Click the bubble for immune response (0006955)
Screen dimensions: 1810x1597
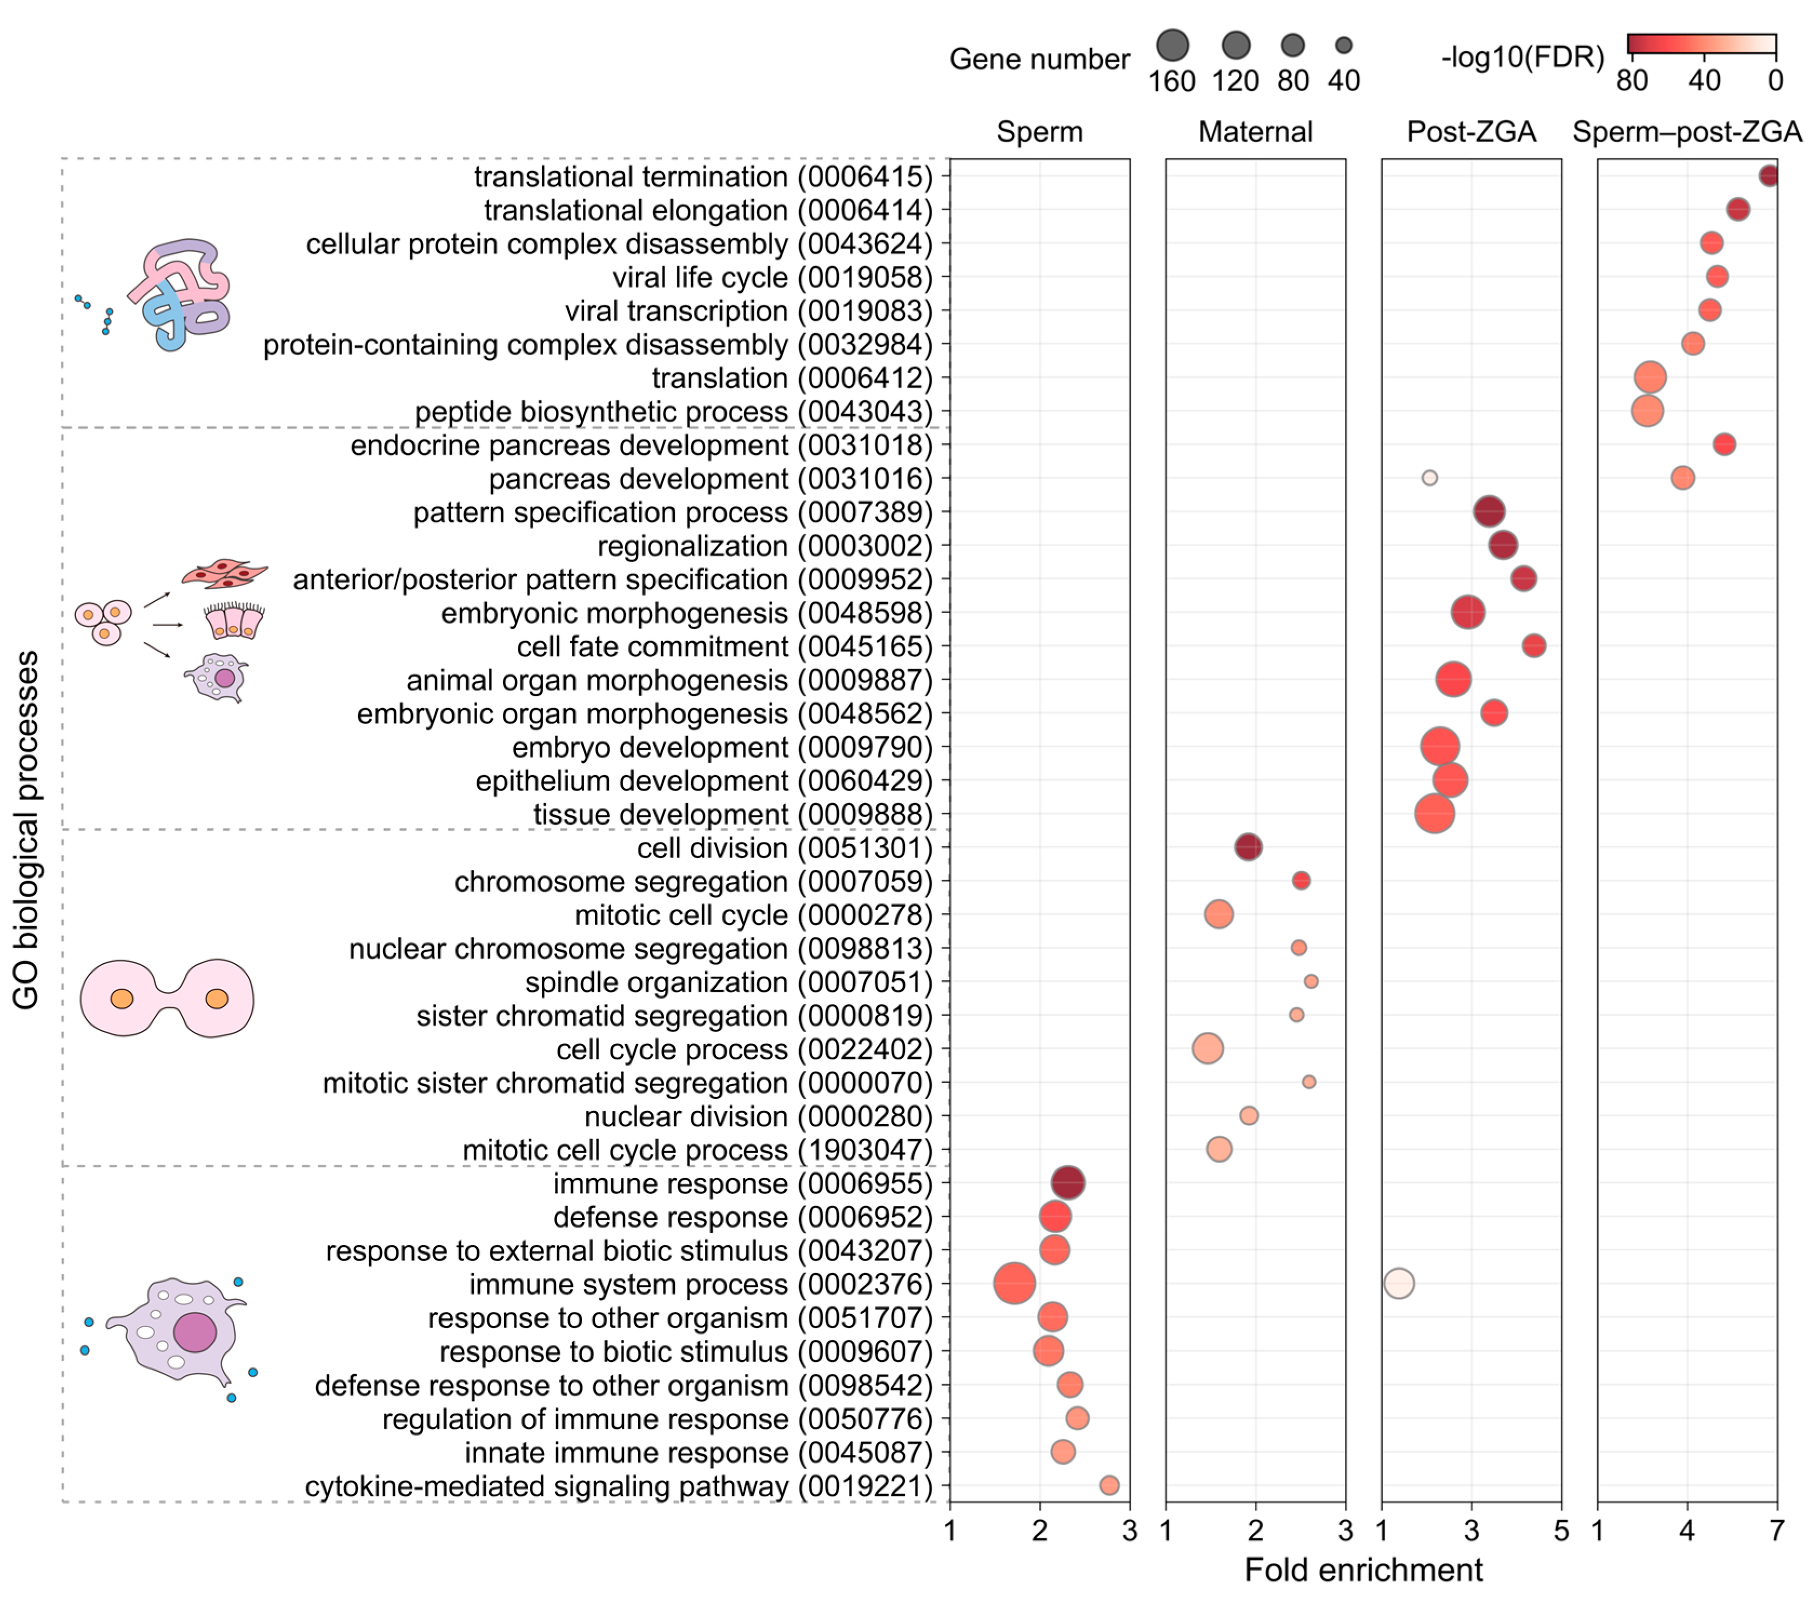point(1068,1183)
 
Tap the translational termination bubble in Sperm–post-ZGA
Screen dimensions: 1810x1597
point(1768,176)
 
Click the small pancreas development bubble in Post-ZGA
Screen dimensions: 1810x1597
point(1429,478)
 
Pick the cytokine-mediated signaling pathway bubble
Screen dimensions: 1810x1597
point(1109,1485)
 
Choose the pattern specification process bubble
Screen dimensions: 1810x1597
point(1490,511)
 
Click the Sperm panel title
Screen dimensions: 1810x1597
point(1040,132)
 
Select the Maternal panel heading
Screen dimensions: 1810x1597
point(1256,132)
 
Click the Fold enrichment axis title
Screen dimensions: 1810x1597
point(1364,1569)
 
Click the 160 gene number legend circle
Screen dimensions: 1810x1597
point(1172,45)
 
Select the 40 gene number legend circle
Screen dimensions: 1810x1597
point(1343,45)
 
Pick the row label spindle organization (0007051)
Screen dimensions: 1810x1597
point(729,982)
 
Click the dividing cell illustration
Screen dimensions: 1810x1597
point(167,998)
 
